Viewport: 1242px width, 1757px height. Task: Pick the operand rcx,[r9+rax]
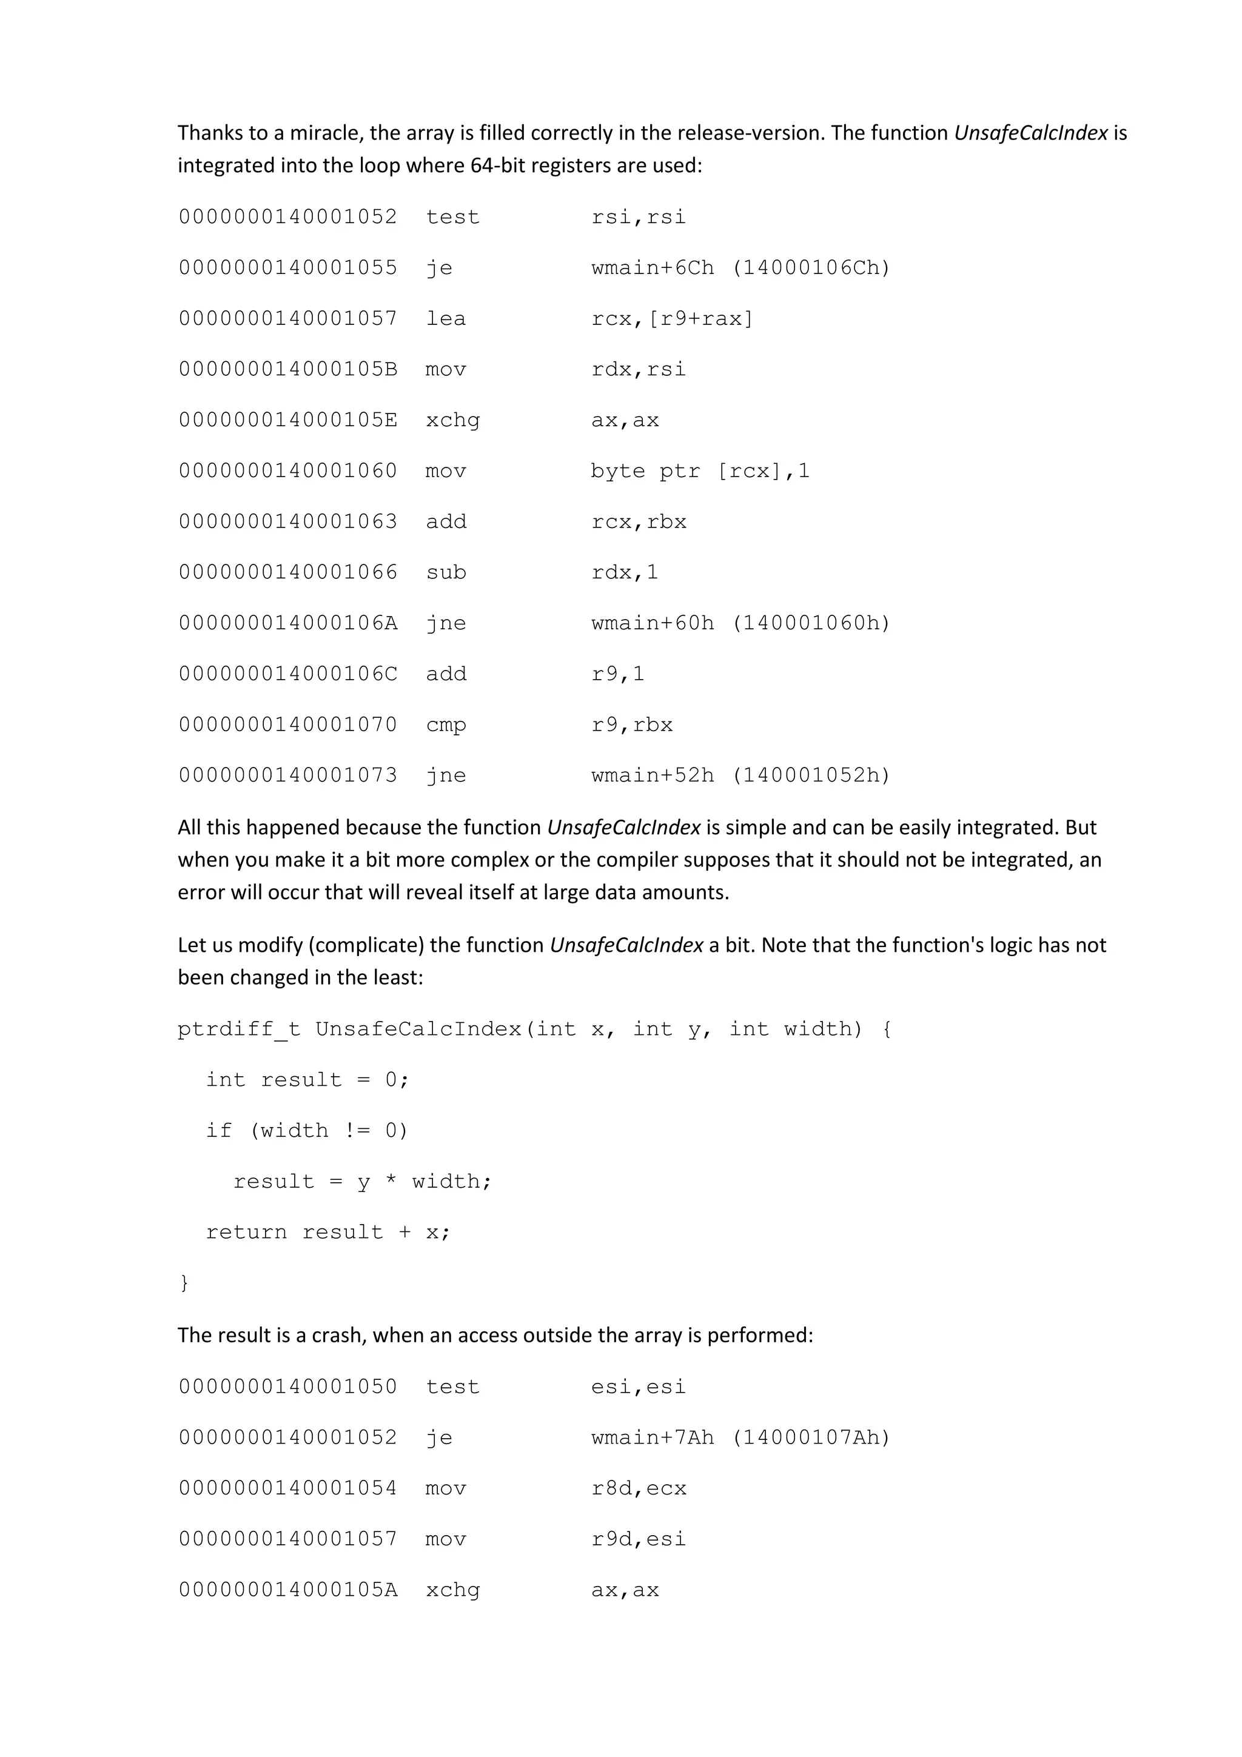pos(672,318)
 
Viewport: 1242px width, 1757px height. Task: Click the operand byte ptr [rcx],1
pos(699,470)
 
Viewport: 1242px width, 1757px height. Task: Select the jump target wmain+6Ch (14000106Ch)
pos(740,268)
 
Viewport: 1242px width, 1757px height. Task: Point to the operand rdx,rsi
pos(638,369)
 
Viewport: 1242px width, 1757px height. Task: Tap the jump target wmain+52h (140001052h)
pos(740,775)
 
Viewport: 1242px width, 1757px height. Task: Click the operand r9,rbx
pos(631,725)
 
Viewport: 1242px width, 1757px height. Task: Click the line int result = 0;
pos(307,1080)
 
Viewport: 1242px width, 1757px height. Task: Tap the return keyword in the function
pos(246,1232)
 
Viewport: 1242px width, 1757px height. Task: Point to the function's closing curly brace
pos(184,1282)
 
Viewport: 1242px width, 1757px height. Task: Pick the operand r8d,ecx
pos(638,1488)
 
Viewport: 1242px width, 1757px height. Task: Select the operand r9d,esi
pos(638,1539)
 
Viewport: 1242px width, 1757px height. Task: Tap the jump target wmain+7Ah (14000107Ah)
pos(740,1437)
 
